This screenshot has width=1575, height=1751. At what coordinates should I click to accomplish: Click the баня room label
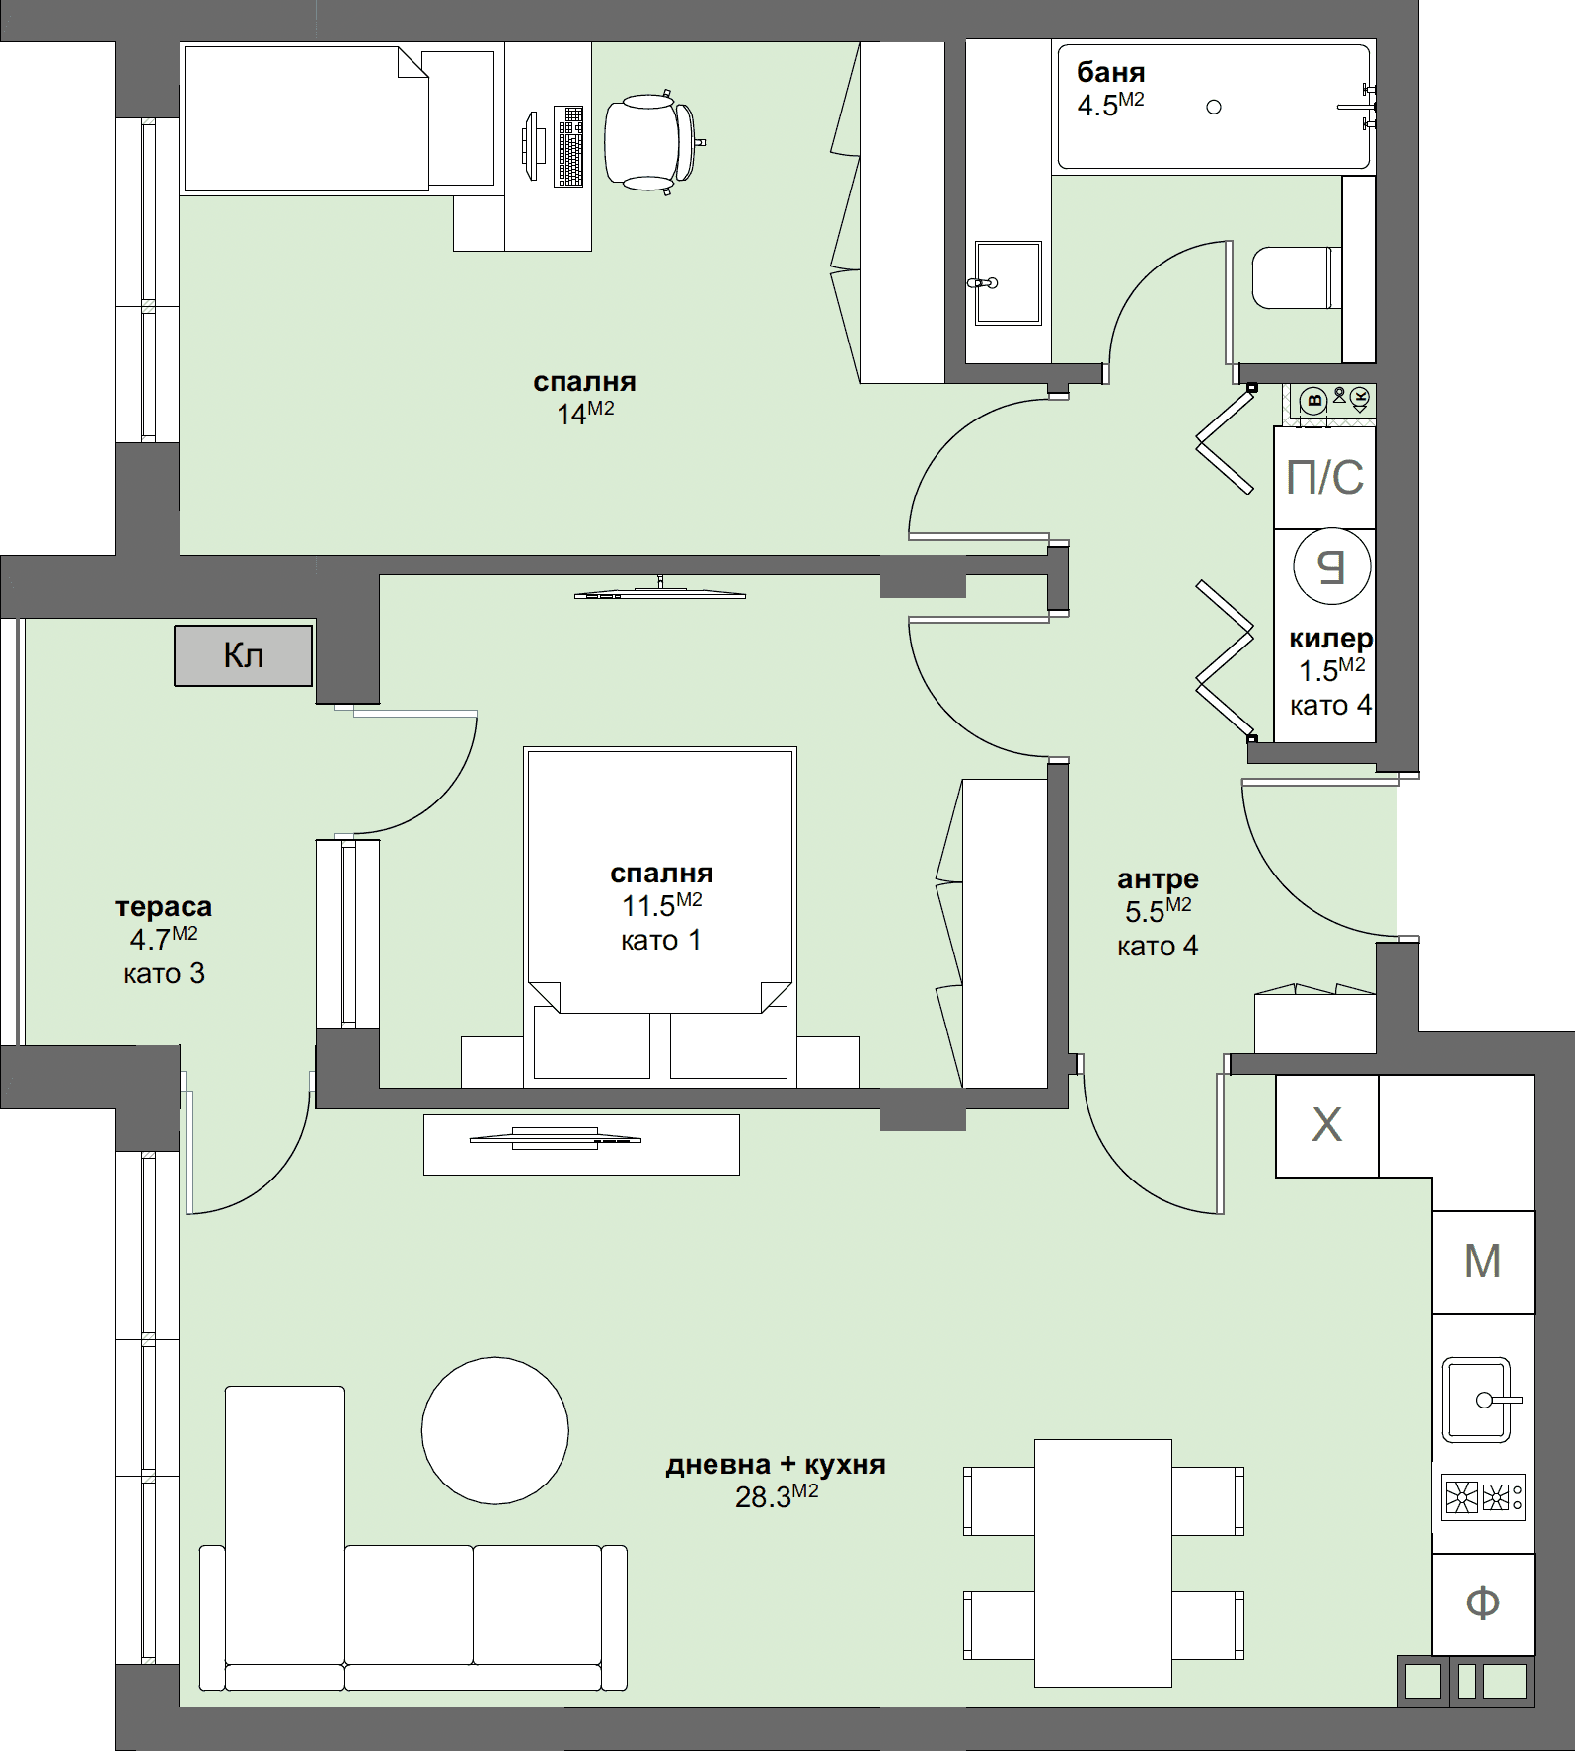1110,72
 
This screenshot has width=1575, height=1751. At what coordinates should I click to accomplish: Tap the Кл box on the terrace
244,655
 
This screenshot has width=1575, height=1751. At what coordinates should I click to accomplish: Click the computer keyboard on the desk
569,146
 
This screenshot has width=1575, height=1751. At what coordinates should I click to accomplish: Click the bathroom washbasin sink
1008,282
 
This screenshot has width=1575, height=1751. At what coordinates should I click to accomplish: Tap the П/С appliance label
1324,478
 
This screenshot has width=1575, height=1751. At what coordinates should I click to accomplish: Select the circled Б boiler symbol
1332,567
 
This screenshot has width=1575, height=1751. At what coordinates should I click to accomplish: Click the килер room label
1330,639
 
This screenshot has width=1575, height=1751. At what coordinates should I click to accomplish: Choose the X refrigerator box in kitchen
1326,1125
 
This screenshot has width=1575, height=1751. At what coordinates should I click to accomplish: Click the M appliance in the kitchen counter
1482,1261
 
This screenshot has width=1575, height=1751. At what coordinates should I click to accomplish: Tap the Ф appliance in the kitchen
1482,1603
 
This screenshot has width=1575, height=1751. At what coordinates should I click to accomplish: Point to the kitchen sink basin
1475,1399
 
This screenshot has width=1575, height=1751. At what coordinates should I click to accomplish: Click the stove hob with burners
1482,1497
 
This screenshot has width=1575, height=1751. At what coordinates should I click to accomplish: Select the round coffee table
494,1430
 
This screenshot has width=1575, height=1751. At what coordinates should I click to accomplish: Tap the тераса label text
164,906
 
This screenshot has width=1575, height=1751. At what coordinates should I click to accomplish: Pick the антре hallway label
1158,878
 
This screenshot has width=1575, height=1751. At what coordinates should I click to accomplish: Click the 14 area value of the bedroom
572,415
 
